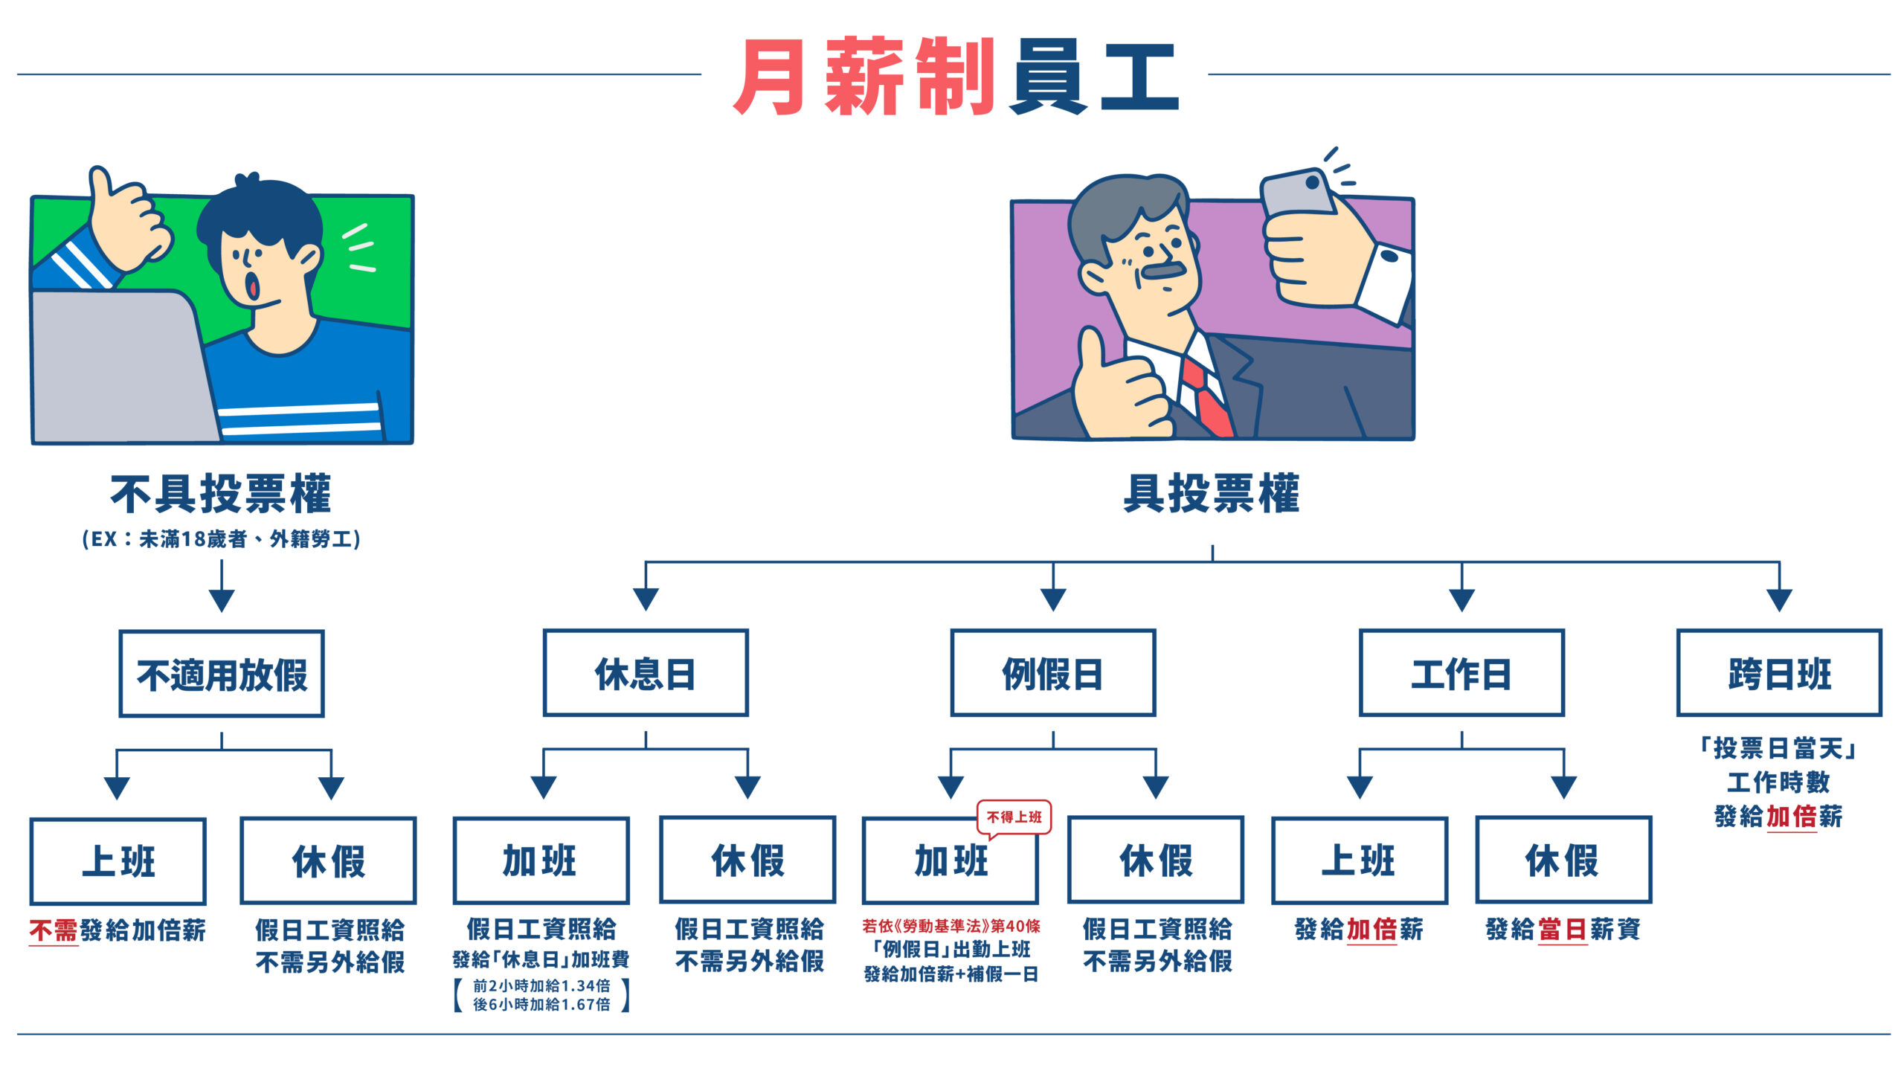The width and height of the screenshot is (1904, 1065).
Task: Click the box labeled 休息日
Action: [x=645, y=673]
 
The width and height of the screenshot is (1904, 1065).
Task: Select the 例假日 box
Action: [x=1052, y=673]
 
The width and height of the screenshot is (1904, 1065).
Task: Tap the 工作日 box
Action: [x=1461, y=673]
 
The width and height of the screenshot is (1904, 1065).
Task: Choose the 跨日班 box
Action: [x=1778, y=673]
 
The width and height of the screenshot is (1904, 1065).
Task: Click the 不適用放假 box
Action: [x=222, y=674]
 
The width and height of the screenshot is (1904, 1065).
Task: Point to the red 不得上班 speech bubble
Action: [x=1013, y=817]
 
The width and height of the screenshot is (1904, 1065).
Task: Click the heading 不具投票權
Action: [x=221, y=494]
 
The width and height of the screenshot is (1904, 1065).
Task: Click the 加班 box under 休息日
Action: [x=541, y=860]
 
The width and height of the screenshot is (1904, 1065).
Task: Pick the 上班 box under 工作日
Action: [x=1359, y=860]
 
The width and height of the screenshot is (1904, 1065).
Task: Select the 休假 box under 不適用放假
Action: [x=328, y=861]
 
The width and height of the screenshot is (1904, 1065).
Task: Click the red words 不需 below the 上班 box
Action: [x=54, y=930]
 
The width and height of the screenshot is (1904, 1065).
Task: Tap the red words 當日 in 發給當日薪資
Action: [x=1563, y=930]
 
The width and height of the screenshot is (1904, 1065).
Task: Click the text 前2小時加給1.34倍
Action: [x=541, y=985]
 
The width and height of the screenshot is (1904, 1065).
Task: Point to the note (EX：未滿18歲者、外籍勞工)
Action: [x=222, y=538]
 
